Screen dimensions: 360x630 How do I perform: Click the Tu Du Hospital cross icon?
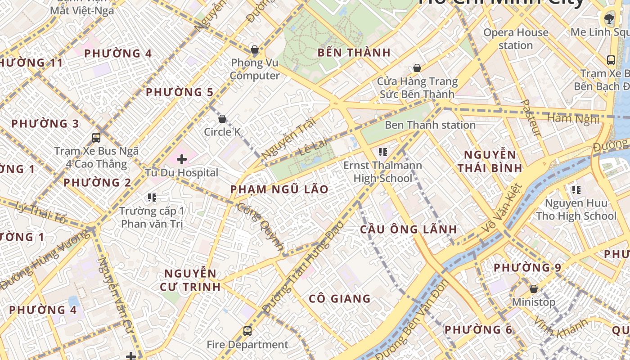182,159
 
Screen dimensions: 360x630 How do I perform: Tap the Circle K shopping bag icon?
222,119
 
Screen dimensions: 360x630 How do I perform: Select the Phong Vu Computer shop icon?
255,49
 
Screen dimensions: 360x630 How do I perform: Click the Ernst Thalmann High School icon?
383,152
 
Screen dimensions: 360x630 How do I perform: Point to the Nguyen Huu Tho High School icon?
576,190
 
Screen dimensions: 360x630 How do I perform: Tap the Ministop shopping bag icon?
534,289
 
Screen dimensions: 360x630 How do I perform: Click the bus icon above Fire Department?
247,331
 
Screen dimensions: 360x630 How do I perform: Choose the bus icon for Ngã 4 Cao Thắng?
96,138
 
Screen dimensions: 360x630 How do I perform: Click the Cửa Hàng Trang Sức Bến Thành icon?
417,68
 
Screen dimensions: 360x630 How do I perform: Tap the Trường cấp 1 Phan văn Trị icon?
152,197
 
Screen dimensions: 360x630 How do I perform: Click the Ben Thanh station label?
430,125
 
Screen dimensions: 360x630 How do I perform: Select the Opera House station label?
516,39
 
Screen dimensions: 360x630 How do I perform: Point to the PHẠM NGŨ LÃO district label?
279,189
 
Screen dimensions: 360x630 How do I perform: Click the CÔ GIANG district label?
340,298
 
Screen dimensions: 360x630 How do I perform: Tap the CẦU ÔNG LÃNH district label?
408,229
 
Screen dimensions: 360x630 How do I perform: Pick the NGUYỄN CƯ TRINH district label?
190,280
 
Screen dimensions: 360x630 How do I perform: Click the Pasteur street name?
531,117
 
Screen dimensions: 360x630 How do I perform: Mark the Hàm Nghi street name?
573,119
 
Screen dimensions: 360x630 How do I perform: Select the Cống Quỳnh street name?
261,227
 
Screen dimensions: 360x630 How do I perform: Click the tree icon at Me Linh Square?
609,18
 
